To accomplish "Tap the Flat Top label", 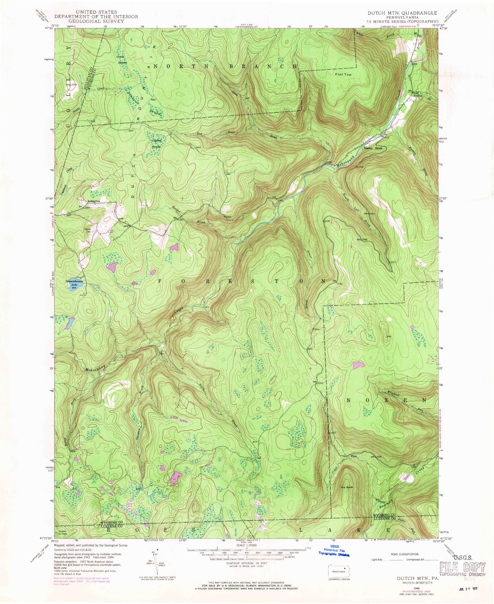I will [343, 74].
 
